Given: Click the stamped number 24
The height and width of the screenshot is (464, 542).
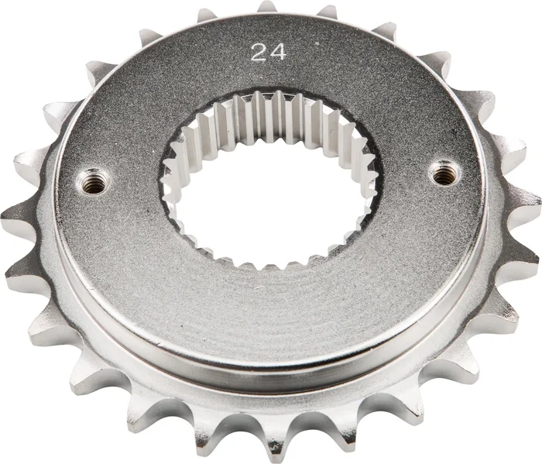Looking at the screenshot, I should click(268, 53).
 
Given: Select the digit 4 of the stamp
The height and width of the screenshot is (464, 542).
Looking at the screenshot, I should click(278, 53).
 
